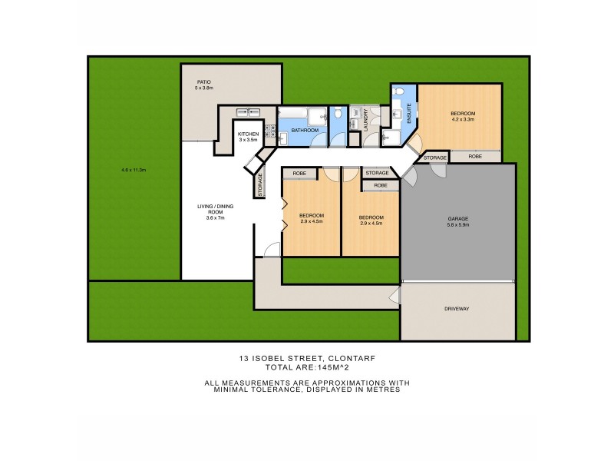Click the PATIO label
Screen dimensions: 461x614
click(x=203, y=81)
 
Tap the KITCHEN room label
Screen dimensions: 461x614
click(x=248, y=134)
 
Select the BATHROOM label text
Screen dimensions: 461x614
click(x=304, y=131)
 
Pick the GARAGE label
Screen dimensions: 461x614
click(x=458, y=219)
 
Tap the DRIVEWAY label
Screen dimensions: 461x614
click(x=457, y=309)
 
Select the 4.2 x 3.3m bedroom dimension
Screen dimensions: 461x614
click(x=463, y=119)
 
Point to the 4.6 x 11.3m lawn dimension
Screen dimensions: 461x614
click(x=134, y=170)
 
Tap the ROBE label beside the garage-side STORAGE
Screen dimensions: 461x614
click(x=475, y=157)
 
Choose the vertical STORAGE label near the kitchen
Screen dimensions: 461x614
click(x=260, y=184)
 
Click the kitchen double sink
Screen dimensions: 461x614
click(x=246, y=112)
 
